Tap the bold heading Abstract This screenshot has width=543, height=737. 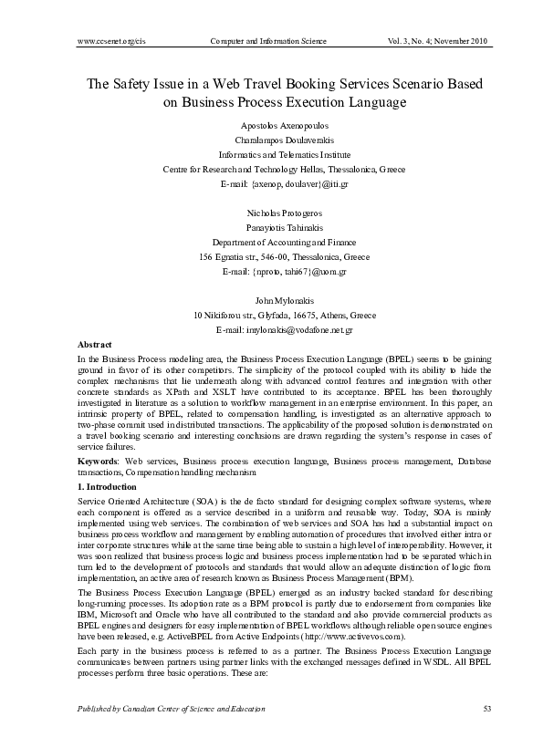[96, 345]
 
